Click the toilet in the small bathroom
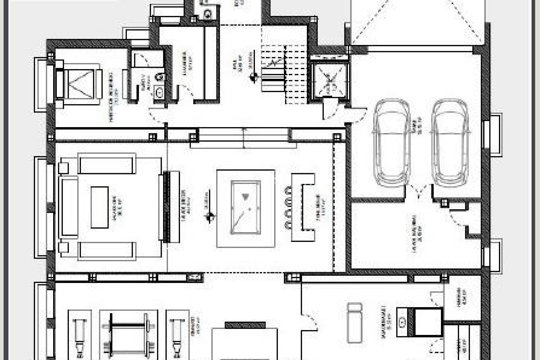tap(159, 76)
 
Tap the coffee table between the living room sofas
tap(100, 207)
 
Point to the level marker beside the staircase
tap(254, 76)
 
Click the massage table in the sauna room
tap(354, 326)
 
